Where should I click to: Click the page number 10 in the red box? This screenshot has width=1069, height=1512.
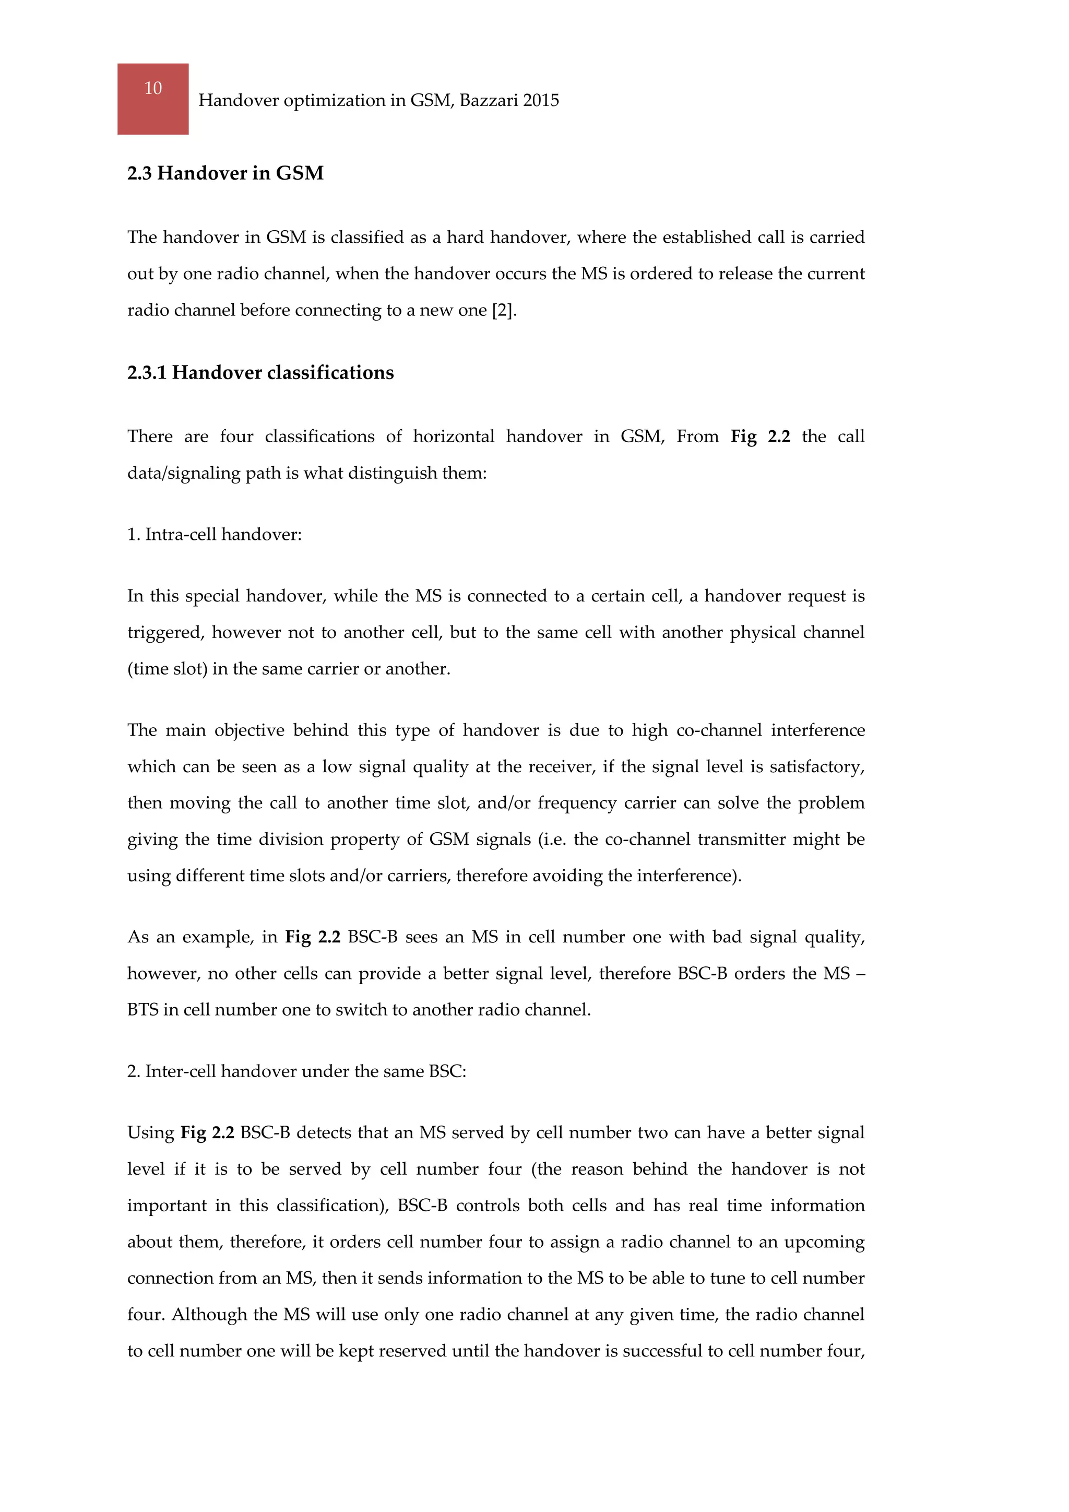click(x=153, y=88)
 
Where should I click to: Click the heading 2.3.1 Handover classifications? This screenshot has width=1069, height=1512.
click(x=260, y=373)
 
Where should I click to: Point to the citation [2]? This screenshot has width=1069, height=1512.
click(x=504, y=310)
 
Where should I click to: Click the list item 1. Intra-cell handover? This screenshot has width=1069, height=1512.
click(x=214, y=534)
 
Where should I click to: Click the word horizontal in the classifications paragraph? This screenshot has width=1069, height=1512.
click(x=453, y=436)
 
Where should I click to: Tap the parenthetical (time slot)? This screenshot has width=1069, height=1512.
click(x=167, y=669)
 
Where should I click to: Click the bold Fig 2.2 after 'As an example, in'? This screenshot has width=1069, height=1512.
click(x=313, y=937)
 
